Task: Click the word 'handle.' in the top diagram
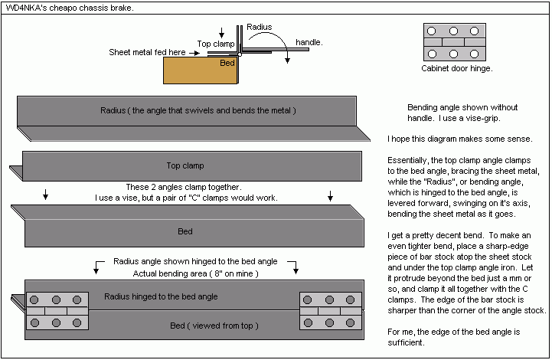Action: pyautogui.click(x=309, y=42)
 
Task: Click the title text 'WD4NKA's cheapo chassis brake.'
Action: pyautogui.click(x=68, y=8)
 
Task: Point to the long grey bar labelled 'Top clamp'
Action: pyautogui.click(x=185, y=165)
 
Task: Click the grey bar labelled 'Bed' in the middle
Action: pyautogui.click(x=185, y=231)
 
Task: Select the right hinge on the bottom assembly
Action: pyautogui.click(x=330, y=310)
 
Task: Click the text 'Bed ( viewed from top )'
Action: pyautogui.click(x=214, y=326)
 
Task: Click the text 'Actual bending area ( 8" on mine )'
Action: pyautogui.click(x=196, y=273)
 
